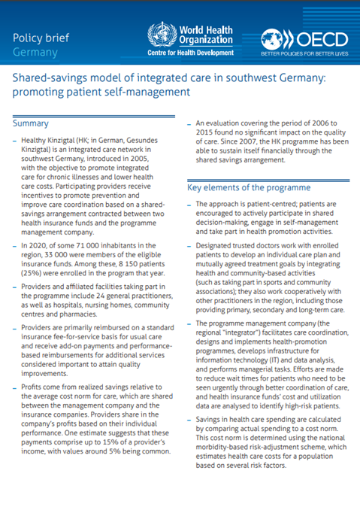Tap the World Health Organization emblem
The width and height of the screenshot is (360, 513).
click(159, 35)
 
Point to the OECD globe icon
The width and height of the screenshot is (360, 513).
click(274, 40)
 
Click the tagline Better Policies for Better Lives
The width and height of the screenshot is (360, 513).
click(304, 55)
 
